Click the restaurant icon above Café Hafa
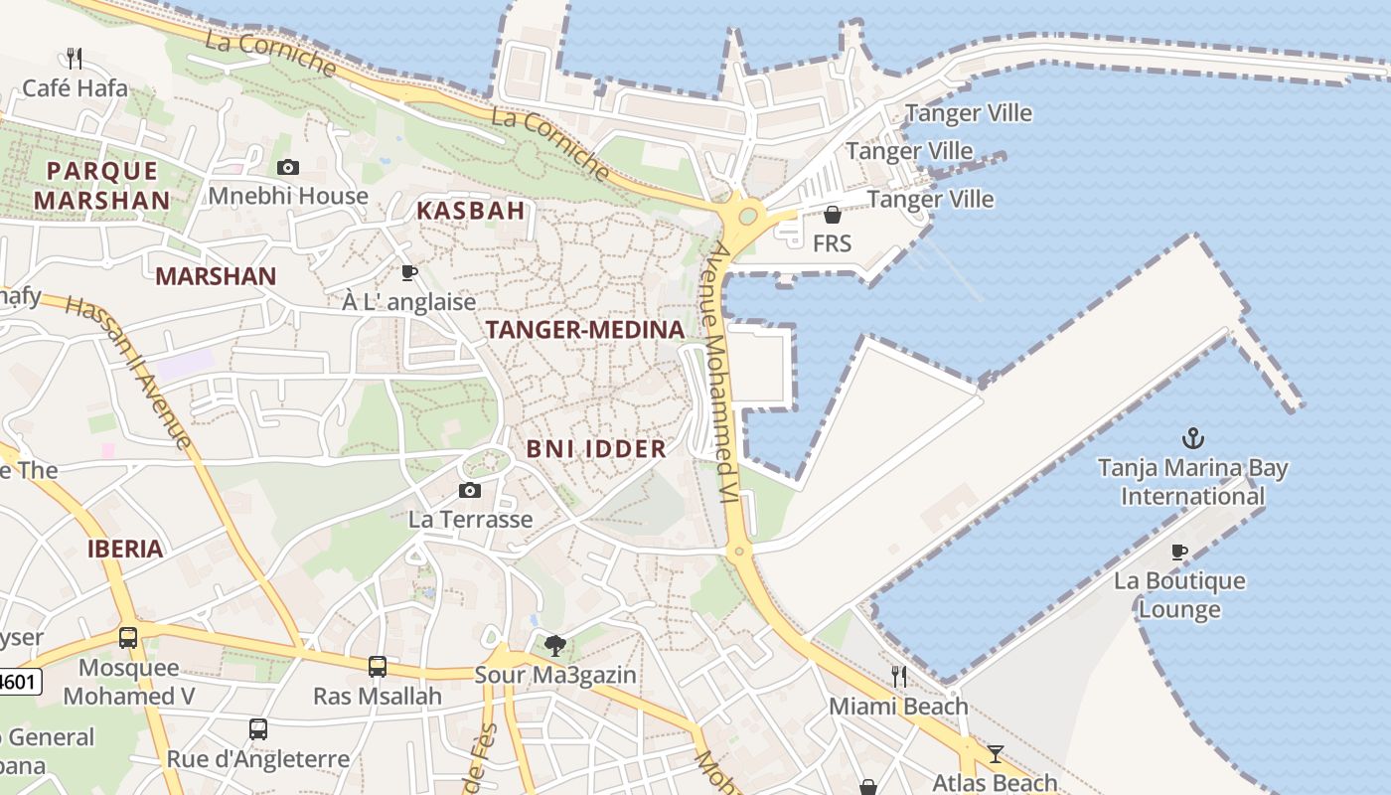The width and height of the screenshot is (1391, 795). [74, 58]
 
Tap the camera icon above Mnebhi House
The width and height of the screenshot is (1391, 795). [288, 167]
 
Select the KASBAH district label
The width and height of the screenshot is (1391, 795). [470, 211]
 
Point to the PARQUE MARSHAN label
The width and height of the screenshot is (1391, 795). [101, 186]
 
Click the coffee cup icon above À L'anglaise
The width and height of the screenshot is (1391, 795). [408, 272]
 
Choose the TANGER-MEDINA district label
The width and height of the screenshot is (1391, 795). [584, 330]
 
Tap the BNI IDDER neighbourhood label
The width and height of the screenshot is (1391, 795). [596, 449]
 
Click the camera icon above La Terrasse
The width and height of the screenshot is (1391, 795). [470, 490]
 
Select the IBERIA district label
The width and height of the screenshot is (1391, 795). [125, 549]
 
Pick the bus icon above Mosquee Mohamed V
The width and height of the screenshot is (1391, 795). [128, 637]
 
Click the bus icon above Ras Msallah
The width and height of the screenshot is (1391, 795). [377, 666]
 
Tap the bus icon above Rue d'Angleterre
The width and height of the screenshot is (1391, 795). [258, 729]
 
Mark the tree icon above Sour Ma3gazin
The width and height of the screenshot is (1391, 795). [555, 646]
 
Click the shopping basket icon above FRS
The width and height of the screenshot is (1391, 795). [833, 215]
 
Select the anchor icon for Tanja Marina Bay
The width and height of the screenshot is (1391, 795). [1192, 437]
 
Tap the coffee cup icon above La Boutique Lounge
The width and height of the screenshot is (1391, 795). [1179, 552]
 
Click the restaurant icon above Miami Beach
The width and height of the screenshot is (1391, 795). [898, 677]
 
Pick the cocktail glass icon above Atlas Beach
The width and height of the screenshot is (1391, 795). [996, 753]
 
